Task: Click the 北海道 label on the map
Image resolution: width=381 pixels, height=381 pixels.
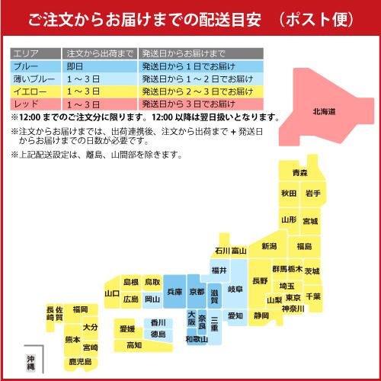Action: (x=329, y=112)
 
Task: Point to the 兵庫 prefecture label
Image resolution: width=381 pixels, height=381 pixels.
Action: (x=174, y=291)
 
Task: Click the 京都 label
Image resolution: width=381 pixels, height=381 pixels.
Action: (x=197, y=292)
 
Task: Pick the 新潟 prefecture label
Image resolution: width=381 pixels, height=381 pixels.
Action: (x=269, y=246)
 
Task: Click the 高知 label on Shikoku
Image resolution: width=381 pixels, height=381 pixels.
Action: (x=133, y=345)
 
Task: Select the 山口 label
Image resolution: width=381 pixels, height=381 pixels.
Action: (x=112, y=293)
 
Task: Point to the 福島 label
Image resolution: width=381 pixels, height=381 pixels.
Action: (x=304, y=246)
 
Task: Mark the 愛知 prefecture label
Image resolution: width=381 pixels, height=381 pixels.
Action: (x=235, y=315)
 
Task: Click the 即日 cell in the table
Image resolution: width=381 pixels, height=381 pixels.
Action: (x=78, y=66)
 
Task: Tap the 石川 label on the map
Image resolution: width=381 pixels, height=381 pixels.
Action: (x=222, y=250)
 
